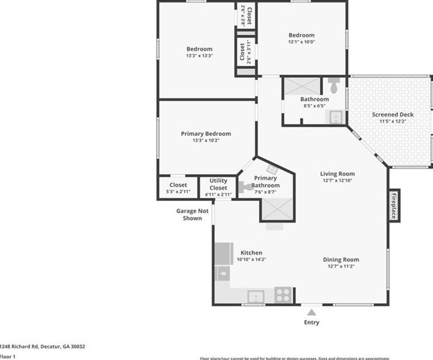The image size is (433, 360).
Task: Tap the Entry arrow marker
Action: (x=310, y=312)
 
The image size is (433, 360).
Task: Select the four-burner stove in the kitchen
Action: (x=283, y=295)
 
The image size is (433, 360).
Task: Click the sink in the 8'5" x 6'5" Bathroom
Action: (x=337, y=117)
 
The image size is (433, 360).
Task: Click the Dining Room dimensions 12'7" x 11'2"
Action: (x=341, y=267)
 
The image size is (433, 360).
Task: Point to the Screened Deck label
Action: (x=392, y=114)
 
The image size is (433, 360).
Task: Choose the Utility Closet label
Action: (x=218, y=184)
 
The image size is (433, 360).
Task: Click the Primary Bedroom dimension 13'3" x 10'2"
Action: (x=206, y=141)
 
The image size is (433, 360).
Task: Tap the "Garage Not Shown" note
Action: (x=192, y=214)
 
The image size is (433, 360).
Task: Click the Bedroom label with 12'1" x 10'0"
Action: (x=301, y=35)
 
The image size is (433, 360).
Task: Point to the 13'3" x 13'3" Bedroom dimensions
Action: (x=199, y=56)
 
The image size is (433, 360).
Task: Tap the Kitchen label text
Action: (x=251, y=252)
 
